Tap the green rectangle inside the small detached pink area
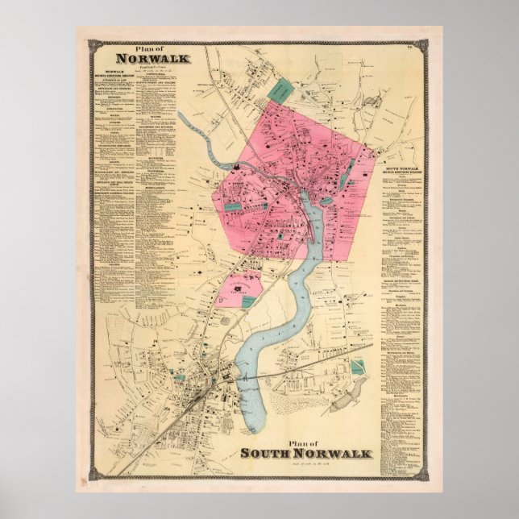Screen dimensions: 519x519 249,300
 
